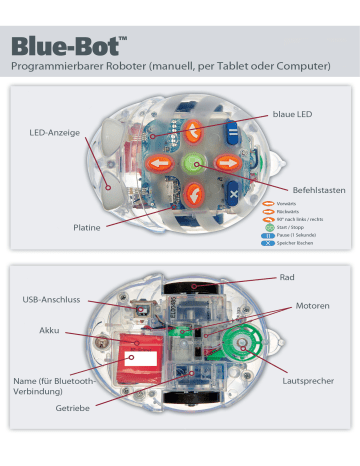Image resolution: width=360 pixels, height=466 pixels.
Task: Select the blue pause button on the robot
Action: (232, 131)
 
